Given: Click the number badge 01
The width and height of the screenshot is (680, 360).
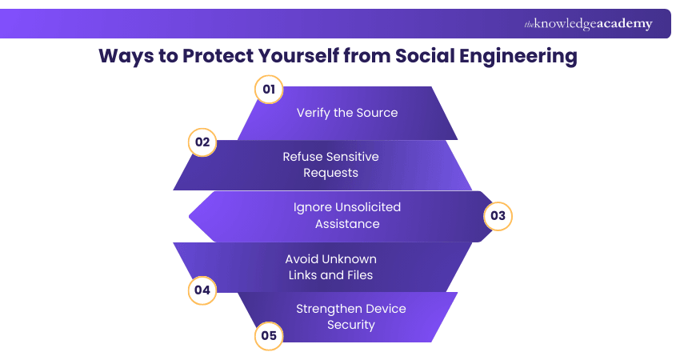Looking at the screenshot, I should click(x=269, y=90).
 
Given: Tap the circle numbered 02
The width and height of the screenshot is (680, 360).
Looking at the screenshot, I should click(x=202, y=143).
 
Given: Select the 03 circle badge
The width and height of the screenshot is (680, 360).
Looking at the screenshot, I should click(x=498, y=216).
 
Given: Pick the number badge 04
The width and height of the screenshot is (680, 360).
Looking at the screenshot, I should click(x=202, y=290).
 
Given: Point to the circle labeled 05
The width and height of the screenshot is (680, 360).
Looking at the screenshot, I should click(x=269, y=335).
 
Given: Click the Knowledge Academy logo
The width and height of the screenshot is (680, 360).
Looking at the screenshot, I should click(x=588, y=24).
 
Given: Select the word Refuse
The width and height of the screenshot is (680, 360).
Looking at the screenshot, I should click(x=302, y=157).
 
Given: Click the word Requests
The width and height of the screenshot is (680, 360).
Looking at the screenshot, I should click(x=330, y=173).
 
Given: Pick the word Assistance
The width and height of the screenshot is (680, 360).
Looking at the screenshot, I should click(x=346, y=224).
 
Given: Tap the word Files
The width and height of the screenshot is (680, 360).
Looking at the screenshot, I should click(x=355, y=275).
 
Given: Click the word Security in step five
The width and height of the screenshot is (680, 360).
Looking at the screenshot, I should click(x=350, y=325).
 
